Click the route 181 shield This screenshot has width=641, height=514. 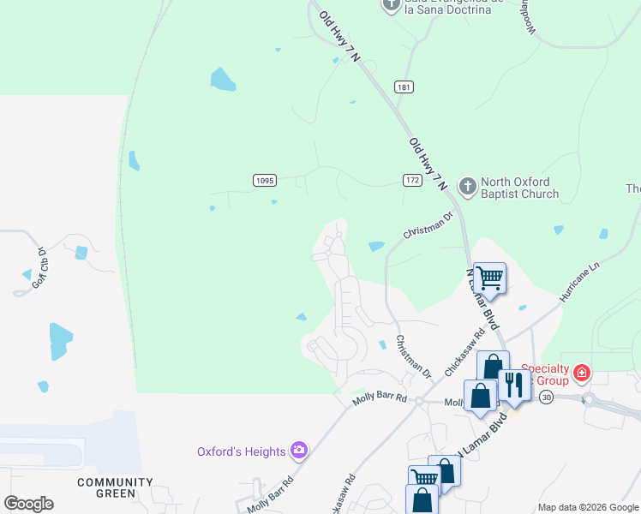(404, 87)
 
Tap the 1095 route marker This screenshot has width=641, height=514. (264, 179)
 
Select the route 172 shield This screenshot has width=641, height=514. (412, 179)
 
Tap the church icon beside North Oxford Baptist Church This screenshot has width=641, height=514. (468, 185)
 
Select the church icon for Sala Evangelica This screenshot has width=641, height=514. (391, 6)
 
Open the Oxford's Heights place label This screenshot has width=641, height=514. (242, 451)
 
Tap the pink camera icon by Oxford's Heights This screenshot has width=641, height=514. (299, 450)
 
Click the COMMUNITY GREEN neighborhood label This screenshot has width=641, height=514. (115, 487)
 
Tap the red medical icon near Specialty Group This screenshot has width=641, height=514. (582, 373)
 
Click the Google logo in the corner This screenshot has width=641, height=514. (28, 503)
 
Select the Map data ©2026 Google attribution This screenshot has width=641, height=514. (588, 507)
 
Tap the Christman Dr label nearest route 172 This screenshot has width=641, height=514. (427, 227)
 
